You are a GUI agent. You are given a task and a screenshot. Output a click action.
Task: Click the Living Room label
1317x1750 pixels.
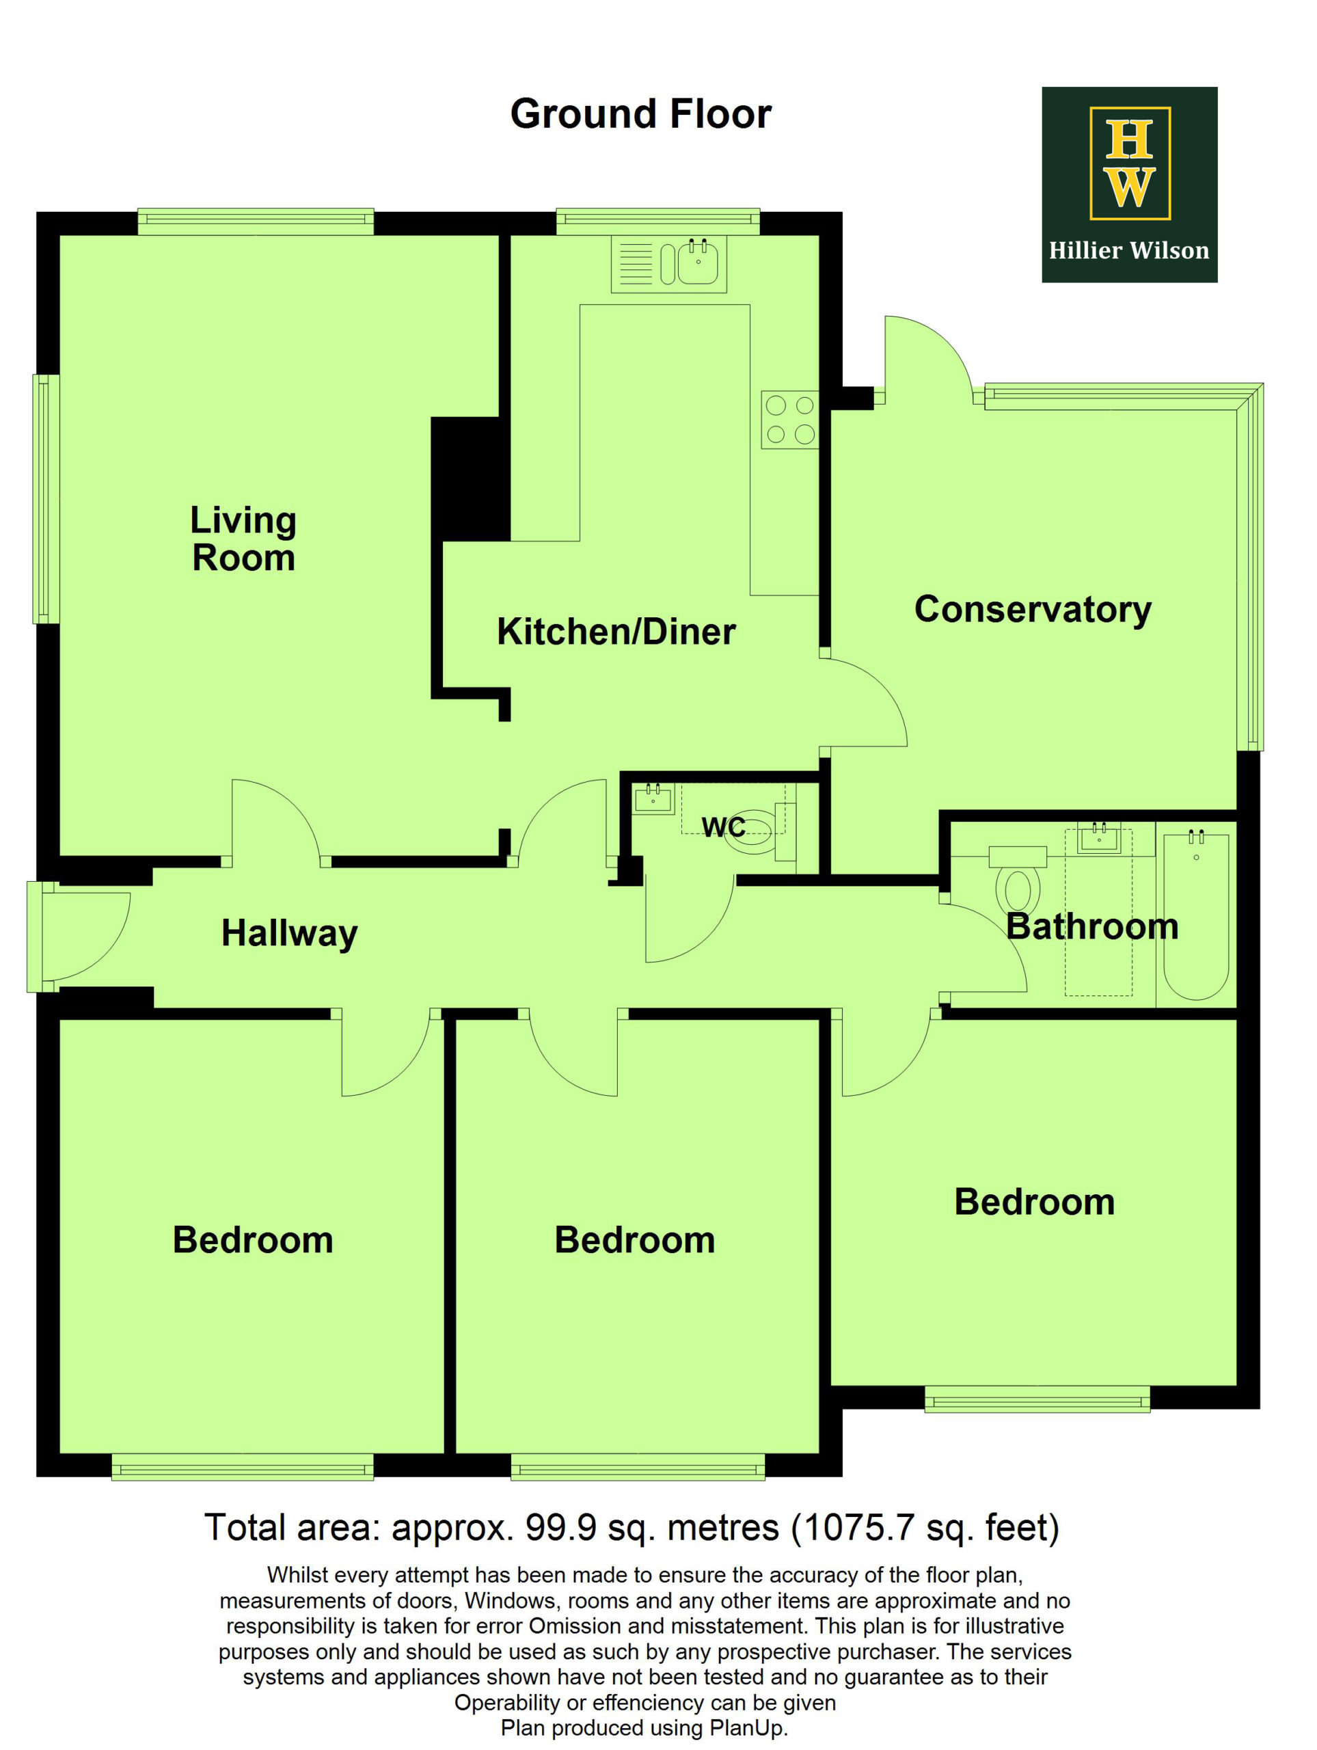[x=243, y=539]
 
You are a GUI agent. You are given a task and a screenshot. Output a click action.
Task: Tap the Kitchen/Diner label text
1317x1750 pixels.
[x=616, y=632]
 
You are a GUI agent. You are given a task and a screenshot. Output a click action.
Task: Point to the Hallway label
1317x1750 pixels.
[x=290, y=934]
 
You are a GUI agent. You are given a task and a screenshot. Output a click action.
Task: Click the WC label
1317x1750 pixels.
[x=723, y=826]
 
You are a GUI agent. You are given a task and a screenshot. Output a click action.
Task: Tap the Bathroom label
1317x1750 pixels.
[x=1092, y=926]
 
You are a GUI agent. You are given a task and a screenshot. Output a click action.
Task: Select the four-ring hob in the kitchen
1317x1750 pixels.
[x=789, y=419]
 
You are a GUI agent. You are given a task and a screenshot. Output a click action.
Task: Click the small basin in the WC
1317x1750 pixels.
[x=653, y=798]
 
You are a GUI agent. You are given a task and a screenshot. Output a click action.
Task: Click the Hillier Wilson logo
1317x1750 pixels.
[x=1129, y=185]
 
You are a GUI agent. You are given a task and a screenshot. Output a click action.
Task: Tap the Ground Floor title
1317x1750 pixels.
[x=640, y=114]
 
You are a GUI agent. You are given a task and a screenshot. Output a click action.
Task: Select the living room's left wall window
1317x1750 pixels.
[x=46, y=499]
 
